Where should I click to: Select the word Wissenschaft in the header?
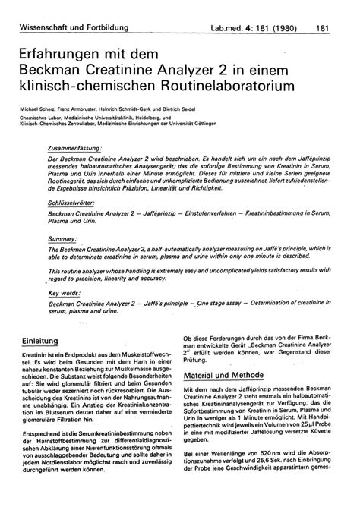click(46, 8)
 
